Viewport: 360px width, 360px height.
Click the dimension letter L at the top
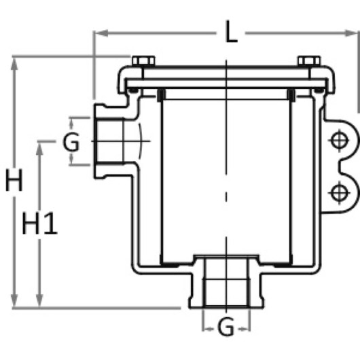(x=231, y=31)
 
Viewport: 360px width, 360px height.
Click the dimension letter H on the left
(x=14, y=180)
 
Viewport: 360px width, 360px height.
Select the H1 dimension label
(x=39, y=223)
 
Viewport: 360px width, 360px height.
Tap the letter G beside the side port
(x=71, y=142)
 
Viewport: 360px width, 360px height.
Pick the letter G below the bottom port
(x=226, y=327)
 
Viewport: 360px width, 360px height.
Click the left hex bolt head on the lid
(x=143, y=61)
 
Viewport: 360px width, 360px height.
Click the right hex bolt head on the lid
(x=309, y=61)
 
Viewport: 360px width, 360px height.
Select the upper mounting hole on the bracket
(x=340, y=141)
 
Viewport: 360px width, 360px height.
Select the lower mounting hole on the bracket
(x=340, y=193)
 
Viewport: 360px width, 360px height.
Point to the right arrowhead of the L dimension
(x=351, y=33)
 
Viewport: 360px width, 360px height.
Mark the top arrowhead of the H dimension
(x=14, y=64)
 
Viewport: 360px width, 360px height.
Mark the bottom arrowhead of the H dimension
(x=14, y=300)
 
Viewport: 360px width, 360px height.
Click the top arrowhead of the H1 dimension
(x=39, y=149)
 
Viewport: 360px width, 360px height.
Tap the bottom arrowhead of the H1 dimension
(x=39, y=300)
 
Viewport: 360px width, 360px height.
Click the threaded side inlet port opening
(x=109, y=141)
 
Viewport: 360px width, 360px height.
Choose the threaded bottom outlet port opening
(x=226, y=283)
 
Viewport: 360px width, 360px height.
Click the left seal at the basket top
(x=161, y=95)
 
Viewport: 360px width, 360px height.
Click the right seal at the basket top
(x=291, y=95)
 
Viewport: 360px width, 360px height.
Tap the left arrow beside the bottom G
(x=209, y=329)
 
